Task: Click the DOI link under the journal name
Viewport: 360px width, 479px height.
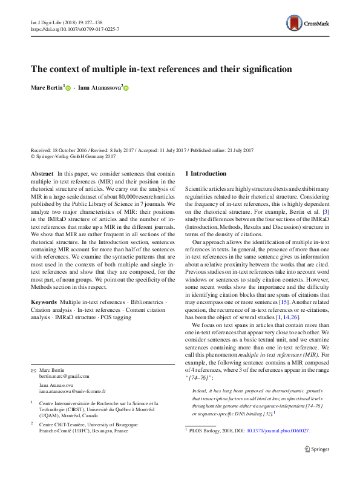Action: (74, 29)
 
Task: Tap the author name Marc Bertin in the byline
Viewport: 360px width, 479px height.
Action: (47, 88)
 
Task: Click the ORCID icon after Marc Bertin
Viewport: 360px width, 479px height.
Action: (68, 88)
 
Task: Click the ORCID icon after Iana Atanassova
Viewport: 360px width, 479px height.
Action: (126, 88)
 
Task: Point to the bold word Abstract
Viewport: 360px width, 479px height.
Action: (42, 173)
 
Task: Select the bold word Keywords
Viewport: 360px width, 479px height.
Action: (44, 301)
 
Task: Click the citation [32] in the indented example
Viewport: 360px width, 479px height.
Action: (267, 414)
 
